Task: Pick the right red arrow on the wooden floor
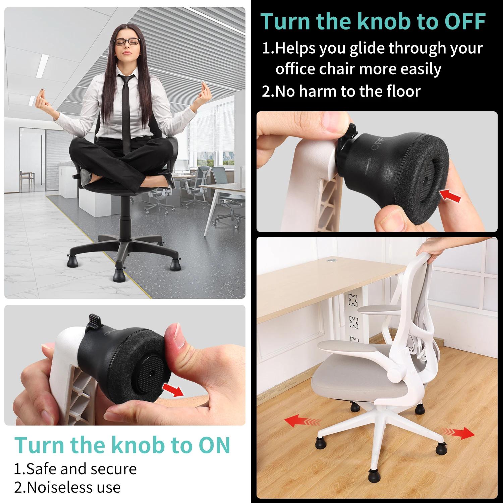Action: tap(458, 433)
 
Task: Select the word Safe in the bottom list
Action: tap(40, 468)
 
